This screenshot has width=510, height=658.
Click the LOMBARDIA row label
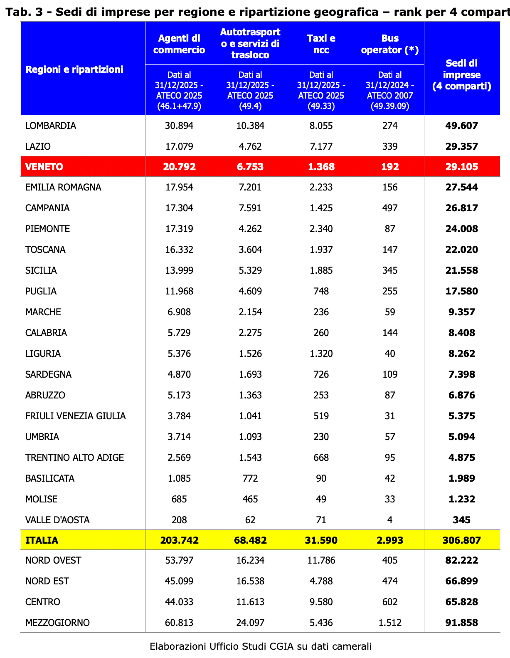pyautogui.click(x=51, y=126)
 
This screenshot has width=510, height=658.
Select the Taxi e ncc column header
pyautogui.click(x=321, y=44)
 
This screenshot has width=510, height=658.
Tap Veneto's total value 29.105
pyautogui.click(x=461, y=167)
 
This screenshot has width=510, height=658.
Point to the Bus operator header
pyautogui.click(x=389, y=44)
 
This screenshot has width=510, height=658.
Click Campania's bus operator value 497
pyautogui.click(x=389, y=208)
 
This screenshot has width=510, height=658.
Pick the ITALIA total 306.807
pyautogui.click(x=461, y=540)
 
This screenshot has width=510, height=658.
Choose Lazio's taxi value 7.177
pyautogui.click(x=321, y=146)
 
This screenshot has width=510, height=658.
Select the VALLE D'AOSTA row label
pyautogui.click(x=57, y=520)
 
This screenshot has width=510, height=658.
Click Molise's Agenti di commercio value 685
pyautogui.click(x=179, y=499)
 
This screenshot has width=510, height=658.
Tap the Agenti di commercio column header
pyautogui.click(x=179, y=44)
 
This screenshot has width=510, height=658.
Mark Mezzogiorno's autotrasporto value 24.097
pyautogui.click(x=250, y=623)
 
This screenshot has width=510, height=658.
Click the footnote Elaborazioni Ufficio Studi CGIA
pyautogui.click(x=260, y=646)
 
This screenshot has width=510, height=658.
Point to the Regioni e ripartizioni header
pyautogui.click(x=74, y=69)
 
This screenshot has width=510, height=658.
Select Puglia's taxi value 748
pyautogui.click(x=321, y=291)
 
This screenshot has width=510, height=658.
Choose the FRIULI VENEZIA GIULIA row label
pyautogui.click(x=75, y=416)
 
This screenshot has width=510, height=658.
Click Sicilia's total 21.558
pyautogui.click(x=461, y=270)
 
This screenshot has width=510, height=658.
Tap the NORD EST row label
pyautogui.click(x=47, y=581)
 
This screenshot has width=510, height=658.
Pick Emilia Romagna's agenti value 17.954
pyautogui.click(x=179, y=187)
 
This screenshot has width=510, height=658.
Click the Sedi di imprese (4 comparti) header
pyautogui.click(x=461, y=75)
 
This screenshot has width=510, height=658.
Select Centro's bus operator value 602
pyautogui.click(x=389, y=602)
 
